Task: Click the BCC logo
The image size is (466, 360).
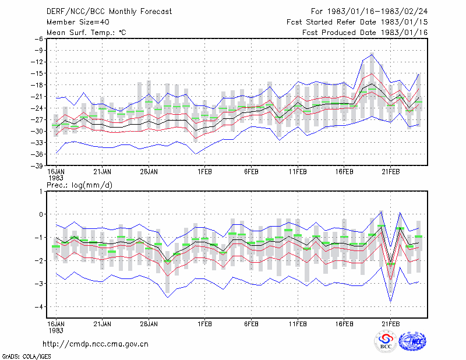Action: [x=386, y=341]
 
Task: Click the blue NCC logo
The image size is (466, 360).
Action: [x=412, y=341]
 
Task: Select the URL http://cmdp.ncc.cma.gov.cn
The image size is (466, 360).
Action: [x=96, y=344]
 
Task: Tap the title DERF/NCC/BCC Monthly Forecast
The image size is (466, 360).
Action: [x=109, y=12]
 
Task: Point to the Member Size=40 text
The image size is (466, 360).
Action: [x=78, y=22]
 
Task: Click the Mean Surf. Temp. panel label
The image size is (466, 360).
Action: [x=86, y=33]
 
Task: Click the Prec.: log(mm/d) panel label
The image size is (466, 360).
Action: [x=79, y=185]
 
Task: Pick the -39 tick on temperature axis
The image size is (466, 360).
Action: [x=37, y=165]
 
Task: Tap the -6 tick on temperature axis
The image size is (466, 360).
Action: [x=39, y=38]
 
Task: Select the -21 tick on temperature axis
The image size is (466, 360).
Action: [x=37, y=96]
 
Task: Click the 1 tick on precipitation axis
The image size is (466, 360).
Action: [x=41, y=191]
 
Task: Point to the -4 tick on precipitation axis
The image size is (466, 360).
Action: [x=39, y=306]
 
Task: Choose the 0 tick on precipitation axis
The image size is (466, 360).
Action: [x=41, y=214]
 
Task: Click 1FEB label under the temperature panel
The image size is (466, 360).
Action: [x=205, y=172]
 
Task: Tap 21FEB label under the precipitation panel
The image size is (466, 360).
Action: [x=390, y=324]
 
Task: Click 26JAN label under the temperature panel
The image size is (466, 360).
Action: [x=149, y=172]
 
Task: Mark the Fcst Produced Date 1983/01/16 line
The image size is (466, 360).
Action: [x=365, y=33]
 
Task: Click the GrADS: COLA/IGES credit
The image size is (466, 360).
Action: [x=26, y=356]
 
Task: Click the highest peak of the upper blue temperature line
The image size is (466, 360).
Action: [x=372, y=54]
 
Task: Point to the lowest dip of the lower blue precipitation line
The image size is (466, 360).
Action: [x=390, y=302]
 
